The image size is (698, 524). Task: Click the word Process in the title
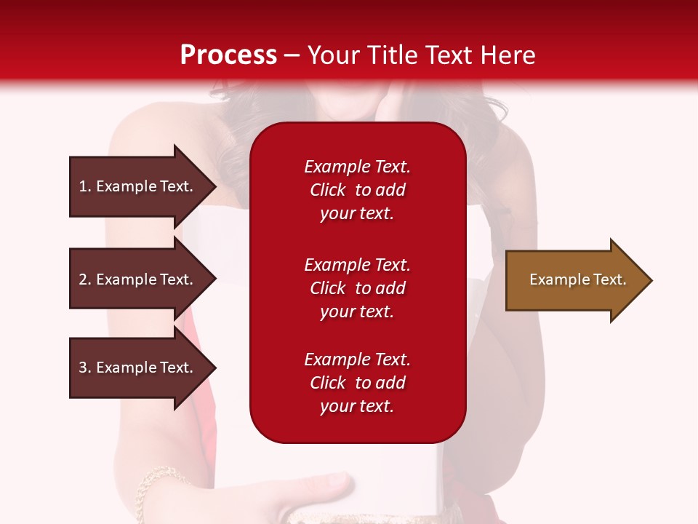tap(228, 55)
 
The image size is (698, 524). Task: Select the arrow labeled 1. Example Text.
tap(138, 186)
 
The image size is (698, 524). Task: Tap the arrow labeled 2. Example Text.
tap(138, 279)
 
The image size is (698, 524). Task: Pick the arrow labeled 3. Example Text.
tap(138, 368)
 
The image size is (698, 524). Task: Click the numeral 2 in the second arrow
tap(83, 279)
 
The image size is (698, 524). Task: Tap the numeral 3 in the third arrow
tap(83, 368)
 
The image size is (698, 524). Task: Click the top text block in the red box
tap(357, 190)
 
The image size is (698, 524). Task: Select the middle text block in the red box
tap(357, 288)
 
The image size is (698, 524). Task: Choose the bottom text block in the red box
tap(357, 383)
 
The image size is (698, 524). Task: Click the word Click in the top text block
tap(327, 190)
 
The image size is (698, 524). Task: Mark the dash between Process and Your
tap(292, 56)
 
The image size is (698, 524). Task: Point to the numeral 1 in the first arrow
tap(83, 186)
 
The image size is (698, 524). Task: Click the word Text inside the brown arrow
tap(609, 279)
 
